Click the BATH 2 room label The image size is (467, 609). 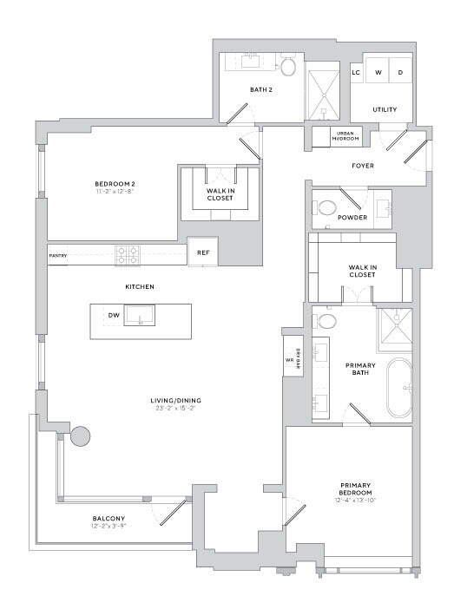(261, 89)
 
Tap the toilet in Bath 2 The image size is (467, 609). (289, 66)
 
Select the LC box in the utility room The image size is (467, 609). (356, 73)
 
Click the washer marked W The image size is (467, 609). (378, 73)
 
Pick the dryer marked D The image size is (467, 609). (400, 73)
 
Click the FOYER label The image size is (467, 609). (363, 166)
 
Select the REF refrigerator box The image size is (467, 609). (203, 252)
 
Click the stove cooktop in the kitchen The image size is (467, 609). (128, 255)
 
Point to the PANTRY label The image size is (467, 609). (58, 256)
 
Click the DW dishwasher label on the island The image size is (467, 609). (113, 316)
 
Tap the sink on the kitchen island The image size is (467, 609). (140, 315)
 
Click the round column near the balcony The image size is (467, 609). (81, 435)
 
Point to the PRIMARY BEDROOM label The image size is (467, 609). (358, 490)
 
